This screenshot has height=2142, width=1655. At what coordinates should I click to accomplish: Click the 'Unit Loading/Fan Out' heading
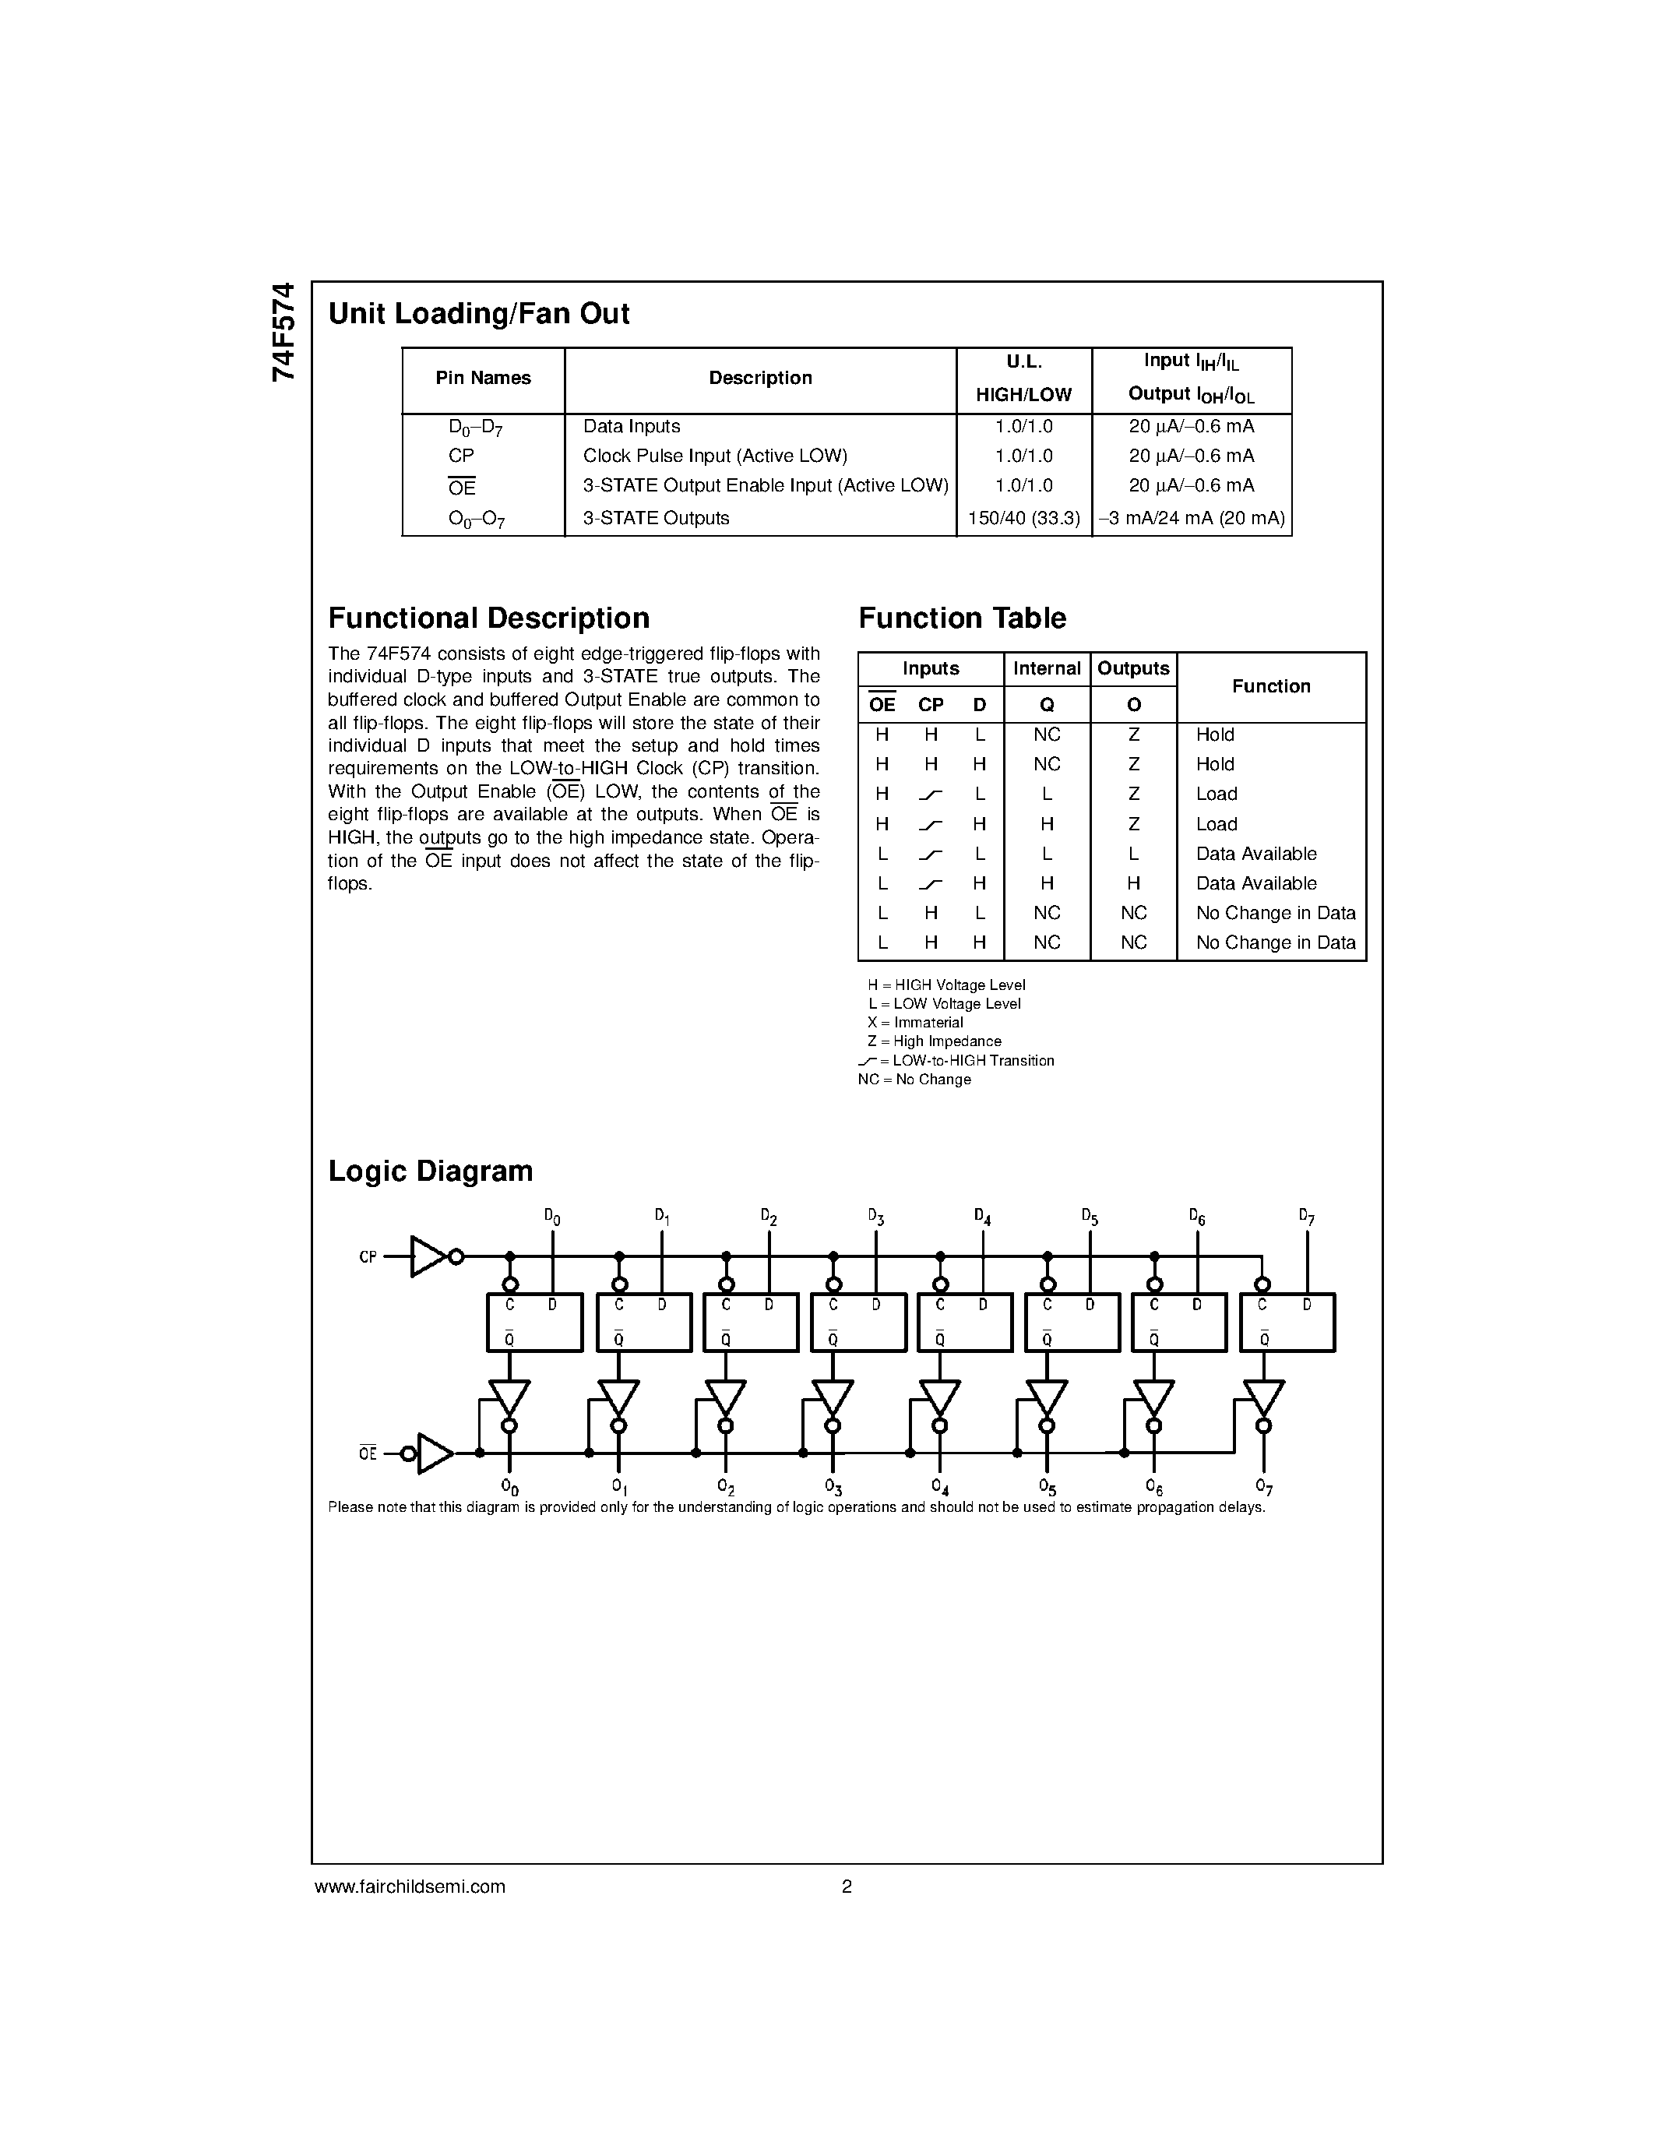pyautogui.click(x=478, y=314)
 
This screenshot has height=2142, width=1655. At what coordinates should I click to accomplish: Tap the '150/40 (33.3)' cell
pyautogui.click(x=1023, y=518)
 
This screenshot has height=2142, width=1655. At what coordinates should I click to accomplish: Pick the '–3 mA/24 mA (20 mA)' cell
pyautogui.click(x=1192, y=518)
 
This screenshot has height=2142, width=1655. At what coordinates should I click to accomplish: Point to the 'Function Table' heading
pyautogui.click(x=962, y=618)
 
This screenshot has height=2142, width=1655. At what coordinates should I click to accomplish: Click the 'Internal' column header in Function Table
pyautogui.click(x=1046, y=669)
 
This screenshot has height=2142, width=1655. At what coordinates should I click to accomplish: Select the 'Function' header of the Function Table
pyautogui.click(x=1271, y=686)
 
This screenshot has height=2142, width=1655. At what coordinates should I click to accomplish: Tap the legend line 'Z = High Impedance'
pyautogui.click(x=933, y=1041)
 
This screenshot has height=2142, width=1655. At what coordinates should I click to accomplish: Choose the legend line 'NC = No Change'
pyautogui.click(x=914, y=1080)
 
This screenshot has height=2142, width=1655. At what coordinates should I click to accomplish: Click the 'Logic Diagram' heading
pyautogui.click(x=431, y=1171)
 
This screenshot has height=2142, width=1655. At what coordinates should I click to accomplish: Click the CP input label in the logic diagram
pyautogui.click(x=368, y=1257)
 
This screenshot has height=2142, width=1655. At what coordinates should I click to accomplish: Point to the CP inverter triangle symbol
pyautogui.click(x=428, y=1256)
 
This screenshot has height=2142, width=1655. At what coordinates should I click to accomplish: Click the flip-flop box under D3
pyautogui.click(x=858, y=1322)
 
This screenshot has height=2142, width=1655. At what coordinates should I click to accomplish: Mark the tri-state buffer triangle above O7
pyautogui.click(x=1262, y=1397)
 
